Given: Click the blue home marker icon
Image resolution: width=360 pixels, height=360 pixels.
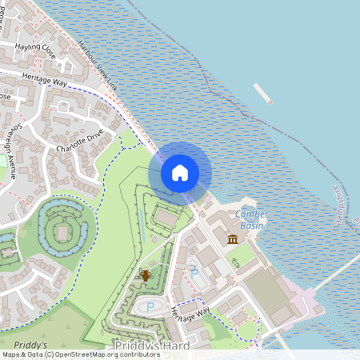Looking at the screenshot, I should point(180,173).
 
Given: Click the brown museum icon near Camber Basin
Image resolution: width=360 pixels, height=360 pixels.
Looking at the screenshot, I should point(233,239).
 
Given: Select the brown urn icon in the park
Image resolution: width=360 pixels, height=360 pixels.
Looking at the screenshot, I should point(146,275).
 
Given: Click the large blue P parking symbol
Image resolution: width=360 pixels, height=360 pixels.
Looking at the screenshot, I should point(150,306).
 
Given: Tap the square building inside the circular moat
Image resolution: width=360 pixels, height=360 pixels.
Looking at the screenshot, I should point(58,234).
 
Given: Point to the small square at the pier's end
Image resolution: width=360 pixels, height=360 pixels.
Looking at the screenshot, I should point(270,102).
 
